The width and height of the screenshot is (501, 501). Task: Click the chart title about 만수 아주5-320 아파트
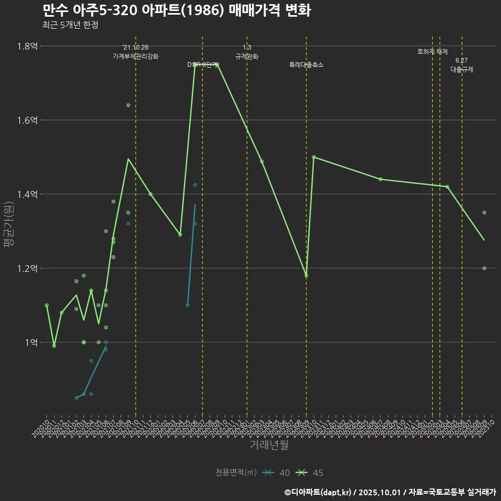coord(176,10)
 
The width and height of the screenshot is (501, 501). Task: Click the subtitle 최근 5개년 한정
coord(70,25)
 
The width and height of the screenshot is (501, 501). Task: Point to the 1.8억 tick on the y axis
coord(27,46)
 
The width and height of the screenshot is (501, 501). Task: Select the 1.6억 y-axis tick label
coord(27,120)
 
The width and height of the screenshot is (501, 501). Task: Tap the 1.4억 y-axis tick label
coord(27,194)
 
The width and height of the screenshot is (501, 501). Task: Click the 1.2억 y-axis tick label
coord(27,268)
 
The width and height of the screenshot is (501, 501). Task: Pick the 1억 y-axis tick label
coord(30,342)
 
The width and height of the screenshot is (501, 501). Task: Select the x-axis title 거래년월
coord(269,445)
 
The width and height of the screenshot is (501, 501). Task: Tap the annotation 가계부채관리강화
coord(136,56)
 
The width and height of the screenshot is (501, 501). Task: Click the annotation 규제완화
coord(247,56)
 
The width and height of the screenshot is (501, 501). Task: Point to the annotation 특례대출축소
coord(306,65)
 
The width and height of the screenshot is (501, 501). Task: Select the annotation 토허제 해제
coord(433,52)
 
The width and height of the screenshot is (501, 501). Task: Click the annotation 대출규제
coord(462,69)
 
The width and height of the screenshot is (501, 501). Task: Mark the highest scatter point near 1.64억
coord(128,105)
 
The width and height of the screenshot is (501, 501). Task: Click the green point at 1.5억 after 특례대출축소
coord(314,157)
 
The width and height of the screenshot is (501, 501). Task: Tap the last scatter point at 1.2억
coord(484,268)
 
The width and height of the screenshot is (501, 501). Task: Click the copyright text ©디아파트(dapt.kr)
coord(318,492)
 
